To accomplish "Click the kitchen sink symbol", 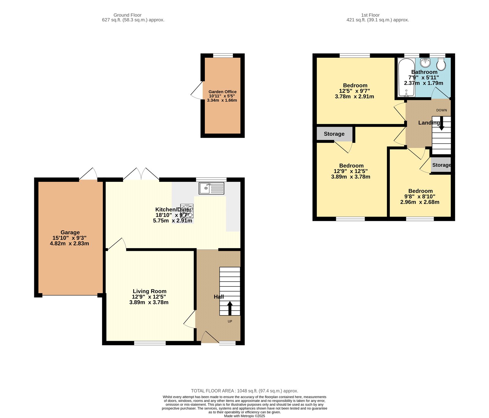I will point(211,188).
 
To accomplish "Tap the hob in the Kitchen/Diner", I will point(187,211).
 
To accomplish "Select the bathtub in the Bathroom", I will point(406,77).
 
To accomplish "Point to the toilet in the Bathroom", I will point(441,64).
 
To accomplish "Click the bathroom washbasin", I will point(425,63).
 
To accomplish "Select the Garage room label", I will point(70,232).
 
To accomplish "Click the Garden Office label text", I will point(222,92).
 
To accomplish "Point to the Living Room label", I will point(149,291).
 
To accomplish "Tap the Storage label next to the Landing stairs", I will point(441,165).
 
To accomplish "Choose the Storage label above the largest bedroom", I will point(334,134).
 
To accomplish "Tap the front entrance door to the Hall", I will point(210,337).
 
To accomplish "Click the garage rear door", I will point(89,175).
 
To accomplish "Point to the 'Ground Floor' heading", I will point(127,15).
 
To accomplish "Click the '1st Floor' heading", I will point(370,15).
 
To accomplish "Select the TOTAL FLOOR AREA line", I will point(244,391).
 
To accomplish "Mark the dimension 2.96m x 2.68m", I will point(420,202).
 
